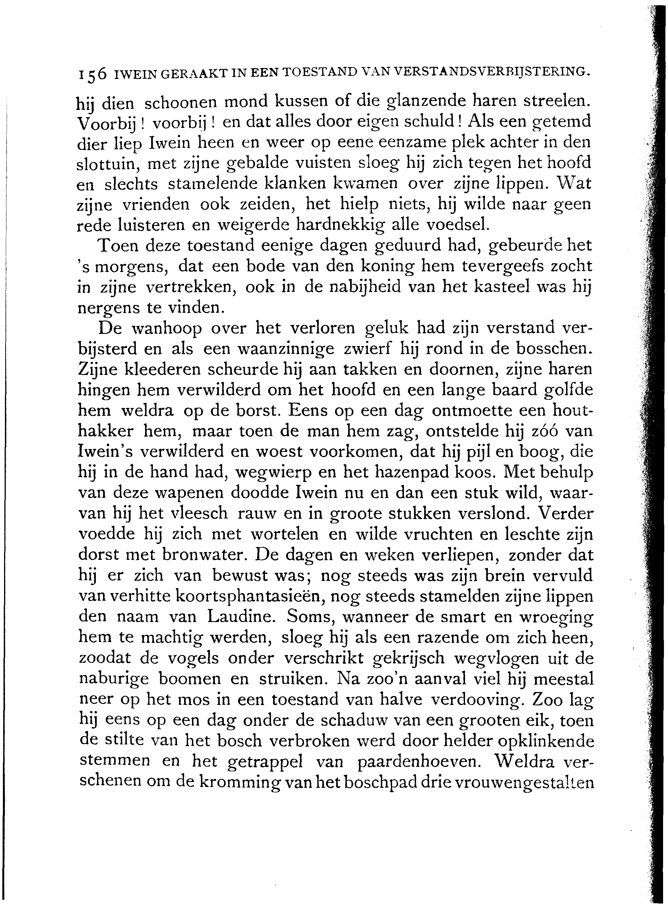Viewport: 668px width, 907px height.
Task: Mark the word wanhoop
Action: (x=167, y=328)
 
